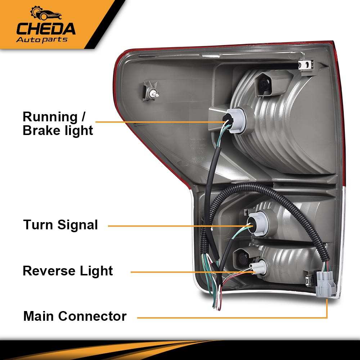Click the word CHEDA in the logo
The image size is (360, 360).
click(x=46, y=29)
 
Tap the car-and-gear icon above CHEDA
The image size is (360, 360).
click(x=46, y=14)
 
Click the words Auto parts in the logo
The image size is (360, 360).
click(x=42, y=39)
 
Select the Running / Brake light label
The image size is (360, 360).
click(x=58, y=123)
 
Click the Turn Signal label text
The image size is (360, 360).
click(x=60, y=225)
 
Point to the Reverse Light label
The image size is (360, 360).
click(x=68, y=271)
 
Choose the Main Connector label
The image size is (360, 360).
click(x=75, y=316)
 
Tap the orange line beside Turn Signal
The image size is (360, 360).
click(x=173, y=226)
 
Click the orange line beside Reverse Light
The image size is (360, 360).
click(x=187, y=272)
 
